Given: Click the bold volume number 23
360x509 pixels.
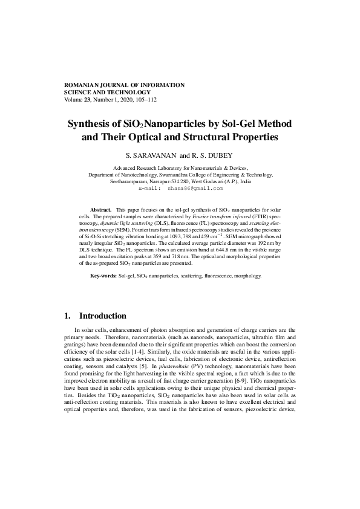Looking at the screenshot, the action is click(x=87, y=100).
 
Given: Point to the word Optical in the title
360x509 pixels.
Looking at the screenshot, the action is click(x=150, y=137).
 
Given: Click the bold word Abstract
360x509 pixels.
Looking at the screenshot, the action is click(x=100, y=208).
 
